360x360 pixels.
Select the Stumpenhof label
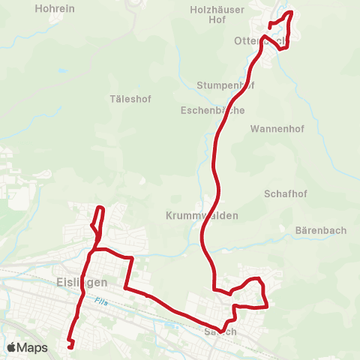(x=225, y=85)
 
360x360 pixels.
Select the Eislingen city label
(x=82, y=282)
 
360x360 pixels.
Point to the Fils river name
(x=101, y=301)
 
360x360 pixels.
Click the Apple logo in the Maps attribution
(x=12, y=347)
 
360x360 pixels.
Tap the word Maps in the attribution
(x=33, y=347)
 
